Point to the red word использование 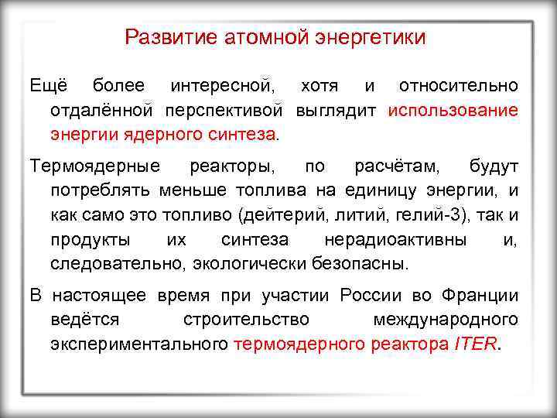pyautogui.click(x=453, y=109)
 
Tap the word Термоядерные pyautogui.click(x=95, y=166)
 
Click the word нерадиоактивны pyautogui.click(x=395, y=240)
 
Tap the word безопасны pyautogui.click(x=359, y=264)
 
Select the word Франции pyautogui.click(x=480, y=296)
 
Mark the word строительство pyautogui.click(x=247, y=320)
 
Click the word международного pyautogui.click(x=446, y=320)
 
